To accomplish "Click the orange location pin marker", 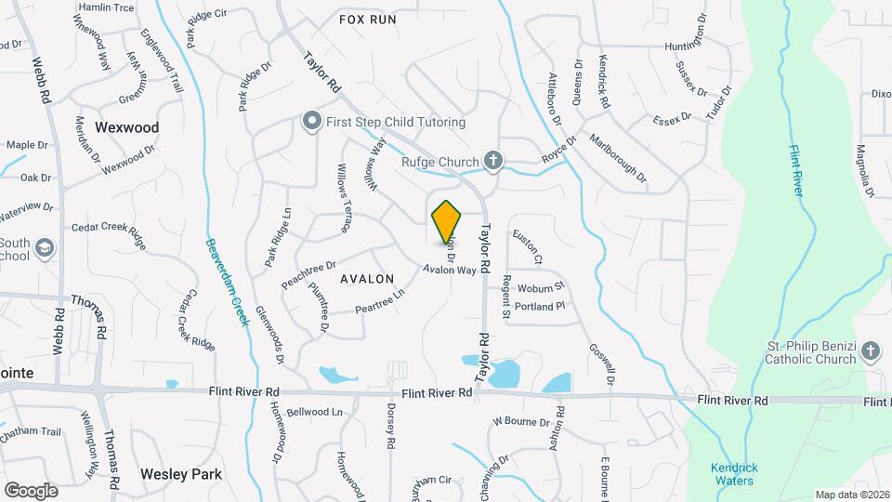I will coord(447,221).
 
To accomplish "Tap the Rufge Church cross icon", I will coord(494,161).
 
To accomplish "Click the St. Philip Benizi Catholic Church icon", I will coord(870,350).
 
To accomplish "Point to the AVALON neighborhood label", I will coord(367,278).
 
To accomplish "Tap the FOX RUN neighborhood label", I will coord(367,19).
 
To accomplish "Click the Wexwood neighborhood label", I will coord(127,127).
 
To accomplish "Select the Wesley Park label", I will coord(181,474).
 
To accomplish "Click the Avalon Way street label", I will coord(450,270).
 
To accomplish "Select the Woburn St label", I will coord(541,287).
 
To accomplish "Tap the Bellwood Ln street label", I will coord(315,412).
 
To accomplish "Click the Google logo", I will coord(31,490).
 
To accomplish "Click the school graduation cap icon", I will coord(46,247).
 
